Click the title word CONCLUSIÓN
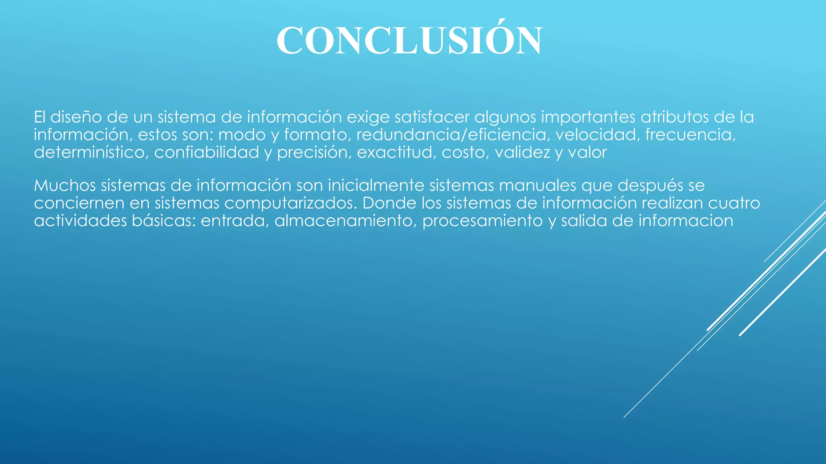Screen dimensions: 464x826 pyautogui.click(x=409, y=40)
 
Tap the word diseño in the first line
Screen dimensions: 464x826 pyautogui.click(x=76, y=117)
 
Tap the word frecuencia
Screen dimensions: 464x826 pyautogui.click(x=690, y=135)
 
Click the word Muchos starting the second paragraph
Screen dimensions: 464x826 pyautogui.click(x=65, y=186)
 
